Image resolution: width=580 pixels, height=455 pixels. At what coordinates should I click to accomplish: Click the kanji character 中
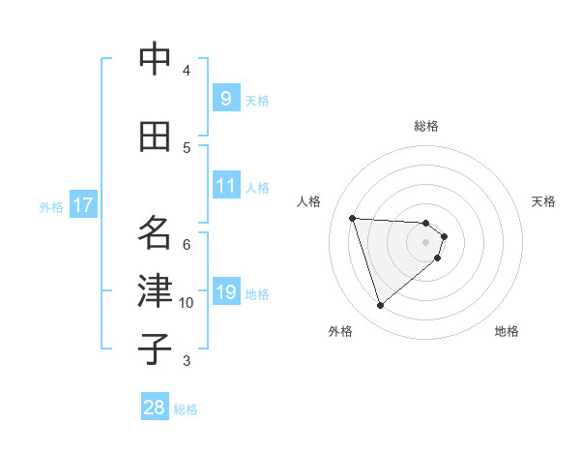click(156, 60)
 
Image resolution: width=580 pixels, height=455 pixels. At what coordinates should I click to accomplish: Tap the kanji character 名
click(156, 233)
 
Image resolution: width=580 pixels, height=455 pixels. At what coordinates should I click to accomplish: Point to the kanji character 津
click(156, 291)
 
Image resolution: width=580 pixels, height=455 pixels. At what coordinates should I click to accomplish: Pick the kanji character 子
click(156, 349)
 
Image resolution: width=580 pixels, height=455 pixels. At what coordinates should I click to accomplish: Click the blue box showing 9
click(225, 98)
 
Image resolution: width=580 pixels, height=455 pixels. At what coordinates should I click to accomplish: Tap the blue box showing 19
click(225, 291)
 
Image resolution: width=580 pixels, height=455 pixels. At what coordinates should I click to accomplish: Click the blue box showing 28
click(155, 408)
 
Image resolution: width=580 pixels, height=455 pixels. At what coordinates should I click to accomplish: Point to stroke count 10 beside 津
click(187, 303)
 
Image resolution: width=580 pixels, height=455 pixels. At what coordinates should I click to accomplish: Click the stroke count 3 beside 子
click(187, 361)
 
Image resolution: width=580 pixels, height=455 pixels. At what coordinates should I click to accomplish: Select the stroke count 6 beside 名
click(187, 244)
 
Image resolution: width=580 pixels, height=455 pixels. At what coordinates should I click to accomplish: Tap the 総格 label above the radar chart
click(426, 126)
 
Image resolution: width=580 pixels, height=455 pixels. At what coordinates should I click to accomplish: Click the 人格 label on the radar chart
click(309, 201)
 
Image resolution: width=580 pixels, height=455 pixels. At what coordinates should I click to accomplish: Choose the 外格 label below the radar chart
click(340, 332)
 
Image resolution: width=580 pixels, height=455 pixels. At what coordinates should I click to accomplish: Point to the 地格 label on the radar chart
click(507, 332)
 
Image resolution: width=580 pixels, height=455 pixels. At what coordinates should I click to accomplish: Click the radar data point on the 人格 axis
click(353, 218)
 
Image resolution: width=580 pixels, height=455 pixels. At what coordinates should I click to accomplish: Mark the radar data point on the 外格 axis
click(381, 306)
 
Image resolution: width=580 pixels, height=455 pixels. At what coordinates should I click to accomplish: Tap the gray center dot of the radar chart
click(425, 256)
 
